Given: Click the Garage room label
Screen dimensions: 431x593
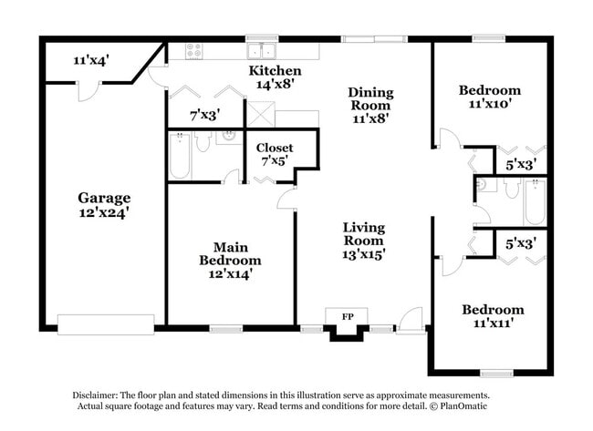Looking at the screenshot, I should (x=103, y=197).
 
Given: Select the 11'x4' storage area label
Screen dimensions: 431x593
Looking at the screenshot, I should (x=91, y=60).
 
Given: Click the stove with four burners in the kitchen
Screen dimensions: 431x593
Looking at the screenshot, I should (x=194, y=51).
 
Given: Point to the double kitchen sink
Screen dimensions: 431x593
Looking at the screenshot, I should (x=261, y=50).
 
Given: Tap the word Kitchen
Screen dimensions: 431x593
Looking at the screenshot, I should (x=275, y=70).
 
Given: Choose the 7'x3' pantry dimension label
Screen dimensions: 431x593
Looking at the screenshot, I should (x=204, y=116).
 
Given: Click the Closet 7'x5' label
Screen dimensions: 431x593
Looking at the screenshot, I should (x=274, y=154).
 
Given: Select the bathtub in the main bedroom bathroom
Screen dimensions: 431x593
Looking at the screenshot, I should (x=180, y=156).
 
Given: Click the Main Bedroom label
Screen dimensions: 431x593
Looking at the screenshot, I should (x=231, y=253).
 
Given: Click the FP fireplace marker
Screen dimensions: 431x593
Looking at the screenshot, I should (x=347, y=315).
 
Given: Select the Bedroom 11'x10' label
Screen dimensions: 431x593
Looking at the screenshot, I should (x=489, y=97).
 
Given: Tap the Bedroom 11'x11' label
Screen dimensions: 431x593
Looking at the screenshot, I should (x=493, y=316).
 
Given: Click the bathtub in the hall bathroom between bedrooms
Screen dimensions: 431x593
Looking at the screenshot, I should (x=535, y=201).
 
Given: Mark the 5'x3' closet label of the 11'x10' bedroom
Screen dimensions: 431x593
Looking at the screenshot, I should (x=520, y=165).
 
